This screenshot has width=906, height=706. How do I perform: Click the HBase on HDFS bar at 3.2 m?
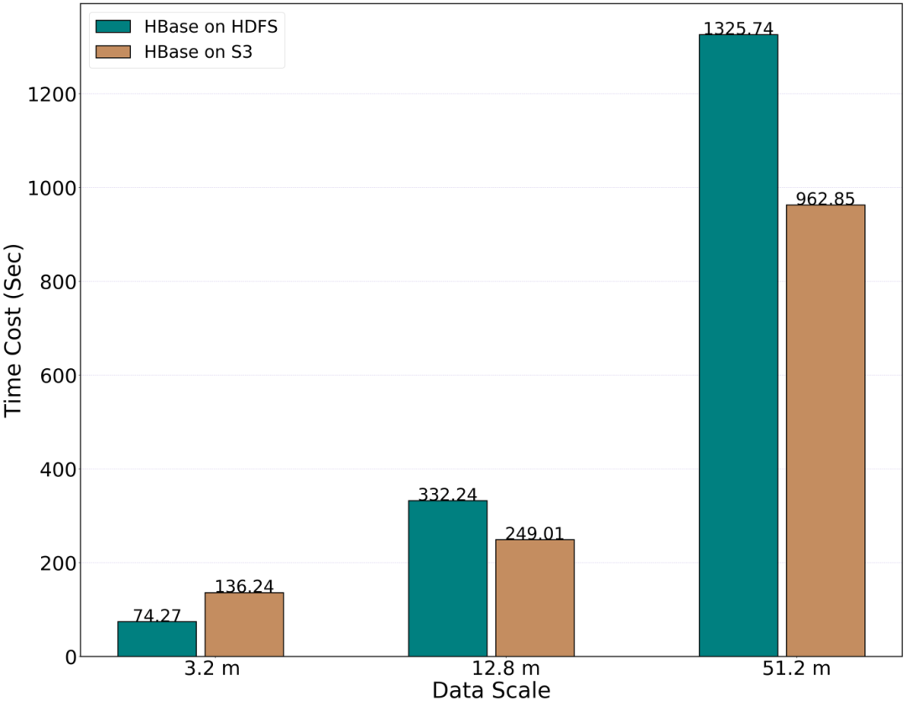point(157,639)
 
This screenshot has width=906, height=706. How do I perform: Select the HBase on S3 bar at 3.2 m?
point(244,625)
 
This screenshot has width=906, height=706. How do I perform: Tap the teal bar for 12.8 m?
point(447,579)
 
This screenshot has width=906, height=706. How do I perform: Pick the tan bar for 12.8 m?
point(534,598)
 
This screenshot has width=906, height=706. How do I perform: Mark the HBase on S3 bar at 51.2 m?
point(825,430)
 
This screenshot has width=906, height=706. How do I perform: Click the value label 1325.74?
point(738,29)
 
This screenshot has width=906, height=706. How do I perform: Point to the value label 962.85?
point(825,199)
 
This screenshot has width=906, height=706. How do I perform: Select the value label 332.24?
point(447,495)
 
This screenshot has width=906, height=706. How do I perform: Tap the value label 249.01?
point(534,533)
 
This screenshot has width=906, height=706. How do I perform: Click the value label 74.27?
point(157,615)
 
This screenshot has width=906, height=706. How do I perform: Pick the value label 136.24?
point(244,587)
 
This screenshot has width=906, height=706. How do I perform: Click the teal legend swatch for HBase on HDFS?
point(113,26)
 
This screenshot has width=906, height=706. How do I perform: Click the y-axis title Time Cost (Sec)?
point(14,331)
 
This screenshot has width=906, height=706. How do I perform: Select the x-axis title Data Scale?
point(491,691)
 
